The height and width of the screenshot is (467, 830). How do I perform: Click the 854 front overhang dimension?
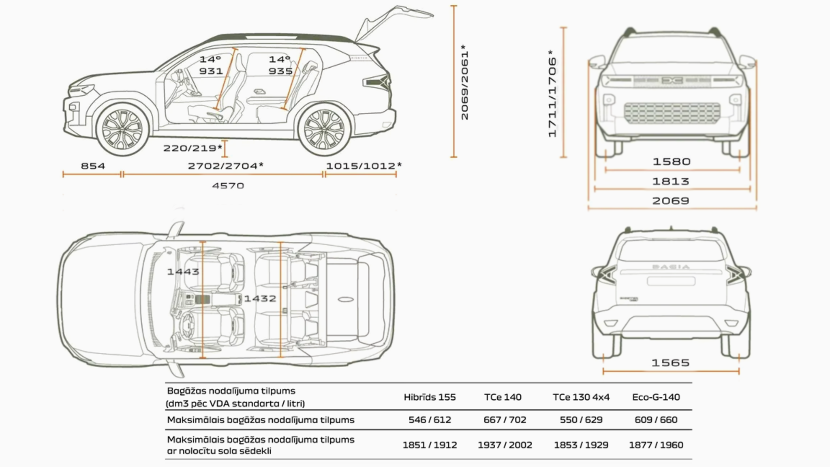93,166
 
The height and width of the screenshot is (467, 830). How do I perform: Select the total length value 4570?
228,186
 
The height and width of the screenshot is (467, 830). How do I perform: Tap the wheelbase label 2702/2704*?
225,166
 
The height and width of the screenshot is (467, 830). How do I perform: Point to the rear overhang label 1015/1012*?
364,166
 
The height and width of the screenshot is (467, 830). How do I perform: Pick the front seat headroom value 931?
211,71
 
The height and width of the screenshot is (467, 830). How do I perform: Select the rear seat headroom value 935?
280,71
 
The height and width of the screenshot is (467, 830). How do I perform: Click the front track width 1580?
672,162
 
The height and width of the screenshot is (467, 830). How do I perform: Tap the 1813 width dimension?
671,181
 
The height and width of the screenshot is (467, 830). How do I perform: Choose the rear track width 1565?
670,363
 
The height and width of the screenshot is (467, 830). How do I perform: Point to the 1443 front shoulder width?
183,272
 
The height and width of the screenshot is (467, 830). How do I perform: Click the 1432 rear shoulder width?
260,299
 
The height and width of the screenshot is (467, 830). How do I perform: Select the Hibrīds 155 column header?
430,397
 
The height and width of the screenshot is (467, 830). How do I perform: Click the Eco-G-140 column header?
656,397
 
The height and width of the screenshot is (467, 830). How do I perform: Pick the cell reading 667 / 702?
505,420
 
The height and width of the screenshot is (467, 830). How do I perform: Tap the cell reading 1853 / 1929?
581,445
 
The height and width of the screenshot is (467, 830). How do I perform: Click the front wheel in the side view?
122,129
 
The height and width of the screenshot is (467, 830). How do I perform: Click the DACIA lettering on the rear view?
671,267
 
